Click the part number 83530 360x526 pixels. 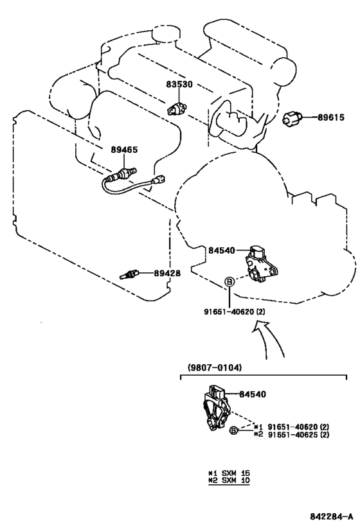(179, 84)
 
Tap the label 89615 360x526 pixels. (331, 118)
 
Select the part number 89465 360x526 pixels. (124, 150)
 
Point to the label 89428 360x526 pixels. (167, 274)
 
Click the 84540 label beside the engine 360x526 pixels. (222, 250)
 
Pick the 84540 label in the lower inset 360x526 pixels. (253, 394)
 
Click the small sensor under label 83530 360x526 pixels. (177, 109)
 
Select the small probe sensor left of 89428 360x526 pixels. (129, 274)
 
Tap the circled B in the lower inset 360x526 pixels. (234, 431)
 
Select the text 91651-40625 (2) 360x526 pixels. (298, 435)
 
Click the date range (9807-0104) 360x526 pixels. (214, 367)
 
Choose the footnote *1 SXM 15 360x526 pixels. (229, 473)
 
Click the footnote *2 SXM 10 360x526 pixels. (229, 480)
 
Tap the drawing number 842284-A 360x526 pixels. (332, 516)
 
